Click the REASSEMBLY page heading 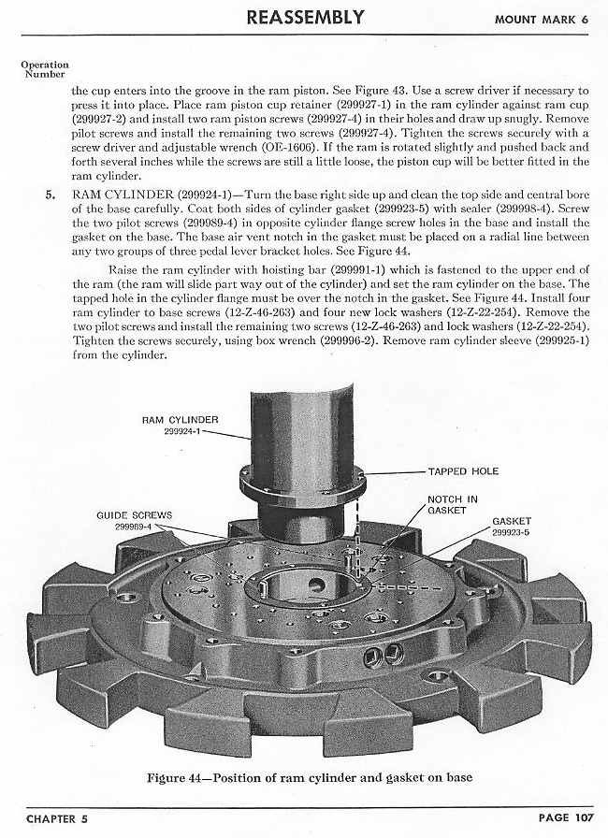[x=305, y=17]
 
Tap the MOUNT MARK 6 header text [x=542, y=20]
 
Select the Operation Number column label [x=45, y=69]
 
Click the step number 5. [x=51, y=194]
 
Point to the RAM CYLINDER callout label [x=180, y=420]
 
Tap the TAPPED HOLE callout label [x=463, y=471]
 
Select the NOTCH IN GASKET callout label [x=453, y=504]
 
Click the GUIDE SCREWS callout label [x=134, y=515]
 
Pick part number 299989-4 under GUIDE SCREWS [x=134, y=527]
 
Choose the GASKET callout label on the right [x=512, y=521]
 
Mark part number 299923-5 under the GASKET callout [x=511, y=532]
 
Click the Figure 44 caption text [x=310, y=776]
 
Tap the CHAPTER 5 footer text [x=57, y=818]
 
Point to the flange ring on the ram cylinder [x=302, y=484]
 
